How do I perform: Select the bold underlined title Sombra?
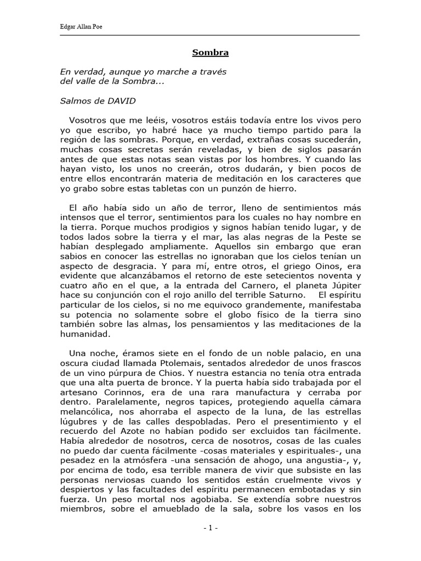click(210, 53)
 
